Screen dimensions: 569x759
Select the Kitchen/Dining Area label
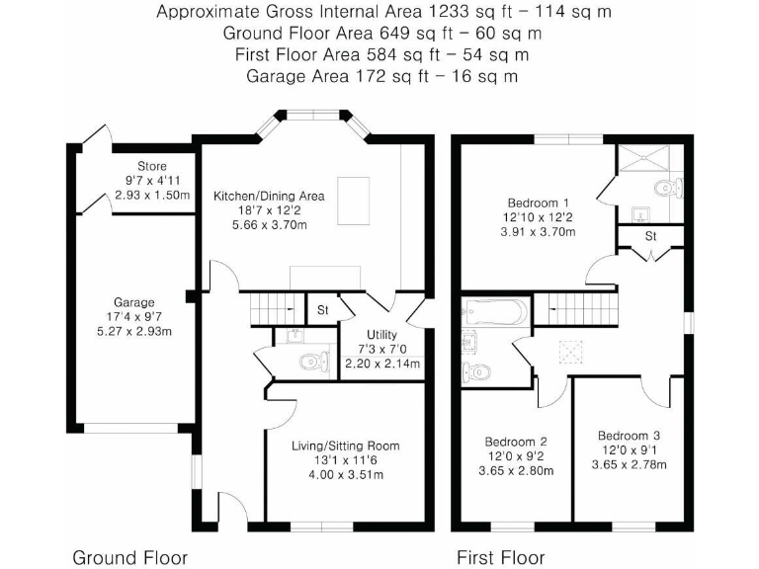[269, 196]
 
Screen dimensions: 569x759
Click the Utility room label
[381, 334]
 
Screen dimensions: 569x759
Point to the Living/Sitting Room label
[345, 446]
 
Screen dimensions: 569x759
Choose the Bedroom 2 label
[516, 442]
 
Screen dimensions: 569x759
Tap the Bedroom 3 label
[629, 436]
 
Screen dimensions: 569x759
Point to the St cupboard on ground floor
[322, 310]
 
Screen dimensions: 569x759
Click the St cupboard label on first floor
[650, 237]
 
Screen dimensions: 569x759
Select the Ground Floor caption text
[129, 557]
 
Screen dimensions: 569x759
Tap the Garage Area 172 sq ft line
[380, 75]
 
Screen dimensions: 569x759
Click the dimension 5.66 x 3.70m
[269, 225]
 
